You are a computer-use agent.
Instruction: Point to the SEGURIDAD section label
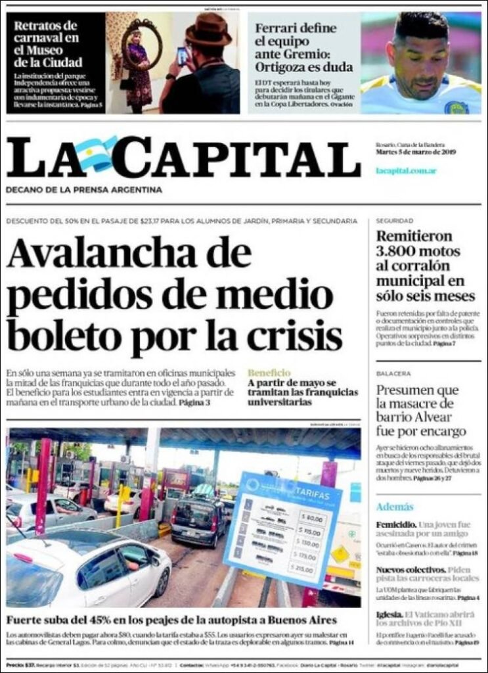coord(395,221)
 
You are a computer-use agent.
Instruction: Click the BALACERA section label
coord(393,373)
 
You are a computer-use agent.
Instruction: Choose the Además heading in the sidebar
coord(395,507)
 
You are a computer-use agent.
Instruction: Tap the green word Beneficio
coord(269,373)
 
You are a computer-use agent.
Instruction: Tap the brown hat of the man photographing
coord(208,31)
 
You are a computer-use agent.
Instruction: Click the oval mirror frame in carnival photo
coord(141,44)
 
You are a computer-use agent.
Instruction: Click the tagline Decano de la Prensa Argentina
coord(83,190)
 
